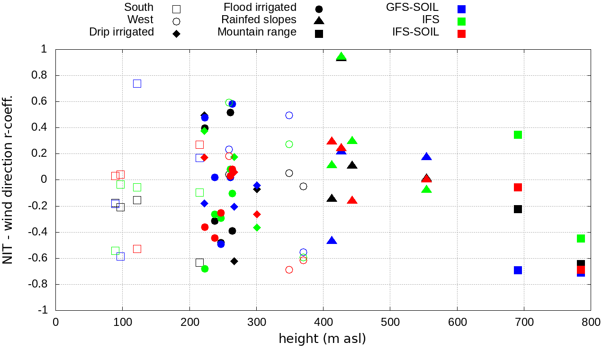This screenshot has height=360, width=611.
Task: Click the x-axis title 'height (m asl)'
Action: click(x=322, y=339)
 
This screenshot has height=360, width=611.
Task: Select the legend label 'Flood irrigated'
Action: click(x=260, y=8)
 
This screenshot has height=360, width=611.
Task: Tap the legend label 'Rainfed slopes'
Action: click(x=259, y=20)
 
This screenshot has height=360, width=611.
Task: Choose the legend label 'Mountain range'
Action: click(x=257, y=32)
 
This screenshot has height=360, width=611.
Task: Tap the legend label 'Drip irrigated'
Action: click(x=121, y=32)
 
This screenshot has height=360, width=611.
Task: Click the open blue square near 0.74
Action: click(x=137, y=83)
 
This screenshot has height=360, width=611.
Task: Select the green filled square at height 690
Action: click(x=518, y=135)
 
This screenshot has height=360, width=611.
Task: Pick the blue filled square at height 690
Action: click(x=518, y=270)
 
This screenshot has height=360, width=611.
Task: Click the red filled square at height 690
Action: click(x=518, y=187)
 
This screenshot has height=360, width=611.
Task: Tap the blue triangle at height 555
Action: click(x=427, y=157)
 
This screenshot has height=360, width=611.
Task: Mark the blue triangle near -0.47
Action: click(x=332, y=241)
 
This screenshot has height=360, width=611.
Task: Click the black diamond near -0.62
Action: click(x=234, y=261)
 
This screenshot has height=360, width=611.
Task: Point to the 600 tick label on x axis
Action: click(x=457, y=323)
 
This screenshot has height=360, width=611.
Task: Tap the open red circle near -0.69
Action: click(x=289, y=270)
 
